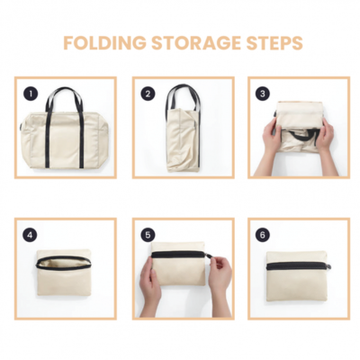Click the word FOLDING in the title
pos(100,43)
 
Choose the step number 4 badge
pos(31,235)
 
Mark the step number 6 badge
pos(263,235)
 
